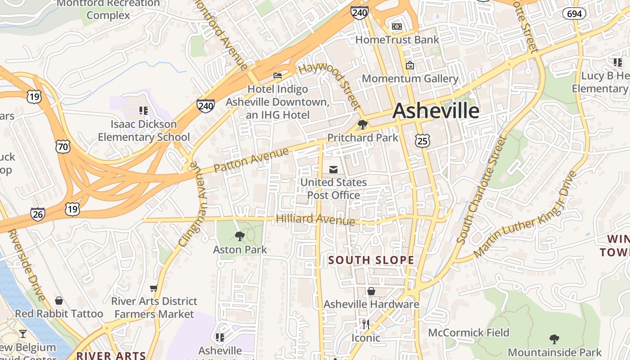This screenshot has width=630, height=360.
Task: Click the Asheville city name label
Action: [436, 111]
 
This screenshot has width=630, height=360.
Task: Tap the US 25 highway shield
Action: [423, 140]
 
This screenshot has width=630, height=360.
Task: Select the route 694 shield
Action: [574, 13]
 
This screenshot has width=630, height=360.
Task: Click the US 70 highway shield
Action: [63, 146]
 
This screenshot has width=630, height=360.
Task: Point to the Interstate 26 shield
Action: [38, 214]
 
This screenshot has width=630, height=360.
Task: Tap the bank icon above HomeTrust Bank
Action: [396, 27]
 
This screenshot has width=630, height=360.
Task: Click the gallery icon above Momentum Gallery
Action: [409, 66]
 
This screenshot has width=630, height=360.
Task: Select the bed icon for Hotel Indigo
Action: [278, 76]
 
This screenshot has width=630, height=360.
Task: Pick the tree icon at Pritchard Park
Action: [362, 125]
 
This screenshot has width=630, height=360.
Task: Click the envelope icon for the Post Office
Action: [333, 170]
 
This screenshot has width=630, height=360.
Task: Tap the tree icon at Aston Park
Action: [240, 236]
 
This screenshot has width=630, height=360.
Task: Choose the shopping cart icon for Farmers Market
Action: [154, 288]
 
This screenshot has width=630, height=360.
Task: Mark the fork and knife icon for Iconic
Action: [366, 324]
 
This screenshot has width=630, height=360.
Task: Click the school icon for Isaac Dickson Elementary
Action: [144, 110]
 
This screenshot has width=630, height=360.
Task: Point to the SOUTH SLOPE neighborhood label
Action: [371, 260]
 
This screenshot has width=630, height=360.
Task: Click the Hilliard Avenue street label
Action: [315, 219]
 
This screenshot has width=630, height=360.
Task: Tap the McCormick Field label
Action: [468, 333]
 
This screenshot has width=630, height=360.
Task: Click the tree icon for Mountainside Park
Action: [554, 339]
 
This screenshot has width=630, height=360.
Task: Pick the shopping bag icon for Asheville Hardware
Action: [371, 291]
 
